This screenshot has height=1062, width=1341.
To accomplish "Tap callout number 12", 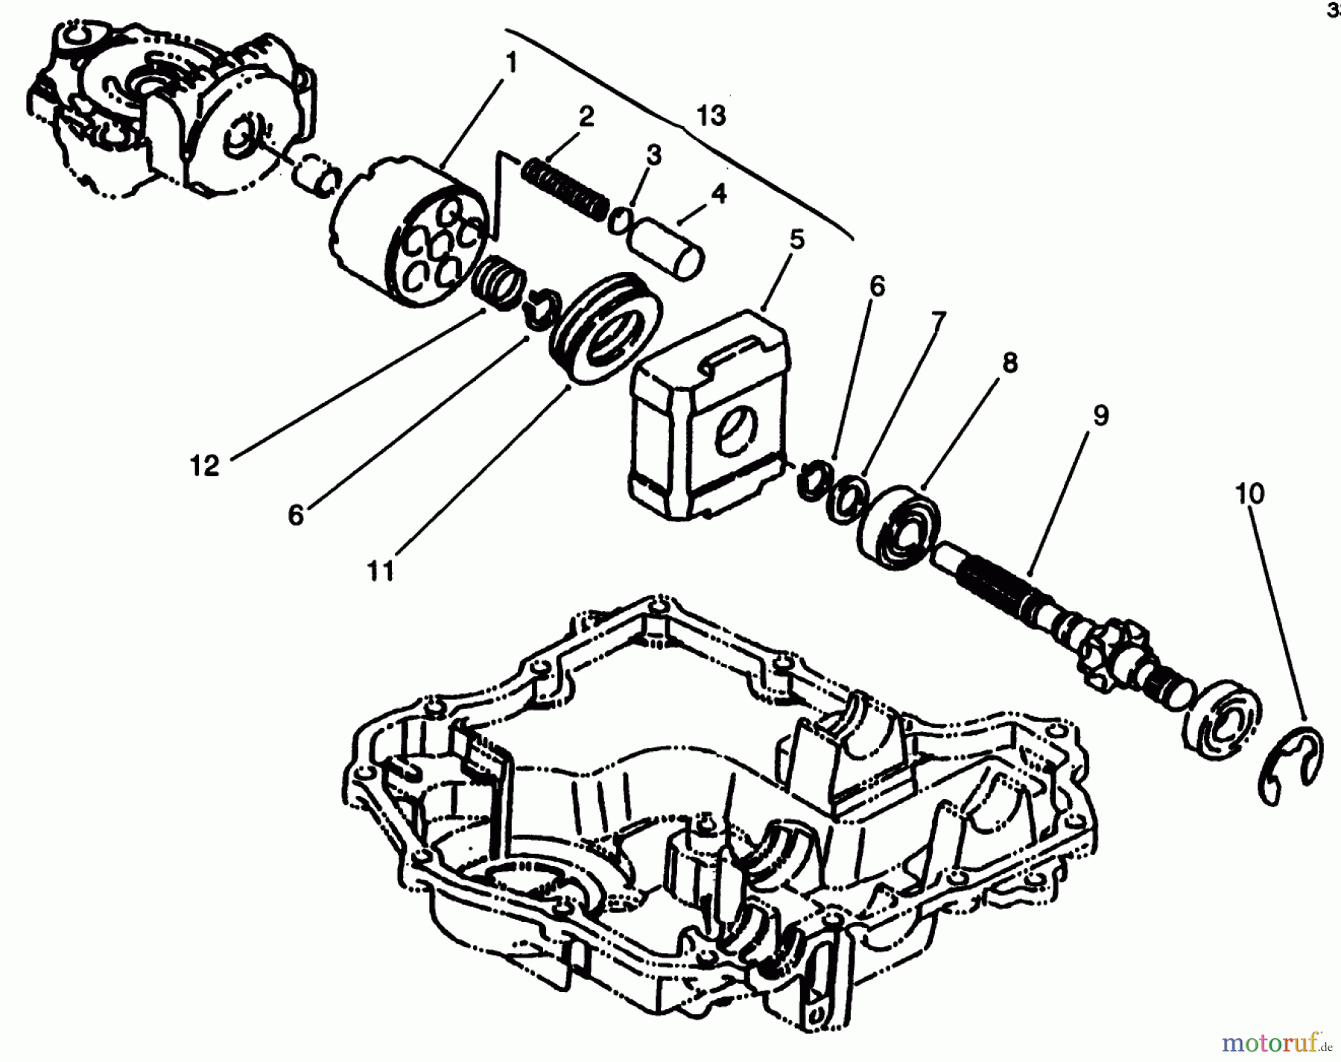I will (x=204, y=466).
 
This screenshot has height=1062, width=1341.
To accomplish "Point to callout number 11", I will (x=380, y=571).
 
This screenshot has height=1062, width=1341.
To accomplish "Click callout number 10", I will (x=1249, y=493).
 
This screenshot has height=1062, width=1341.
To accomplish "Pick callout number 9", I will (x=1100, y=414).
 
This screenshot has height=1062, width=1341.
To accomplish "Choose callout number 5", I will (x=796, y=239).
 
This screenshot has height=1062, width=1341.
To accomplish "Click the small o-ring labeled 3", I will (x=620, y=222).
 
